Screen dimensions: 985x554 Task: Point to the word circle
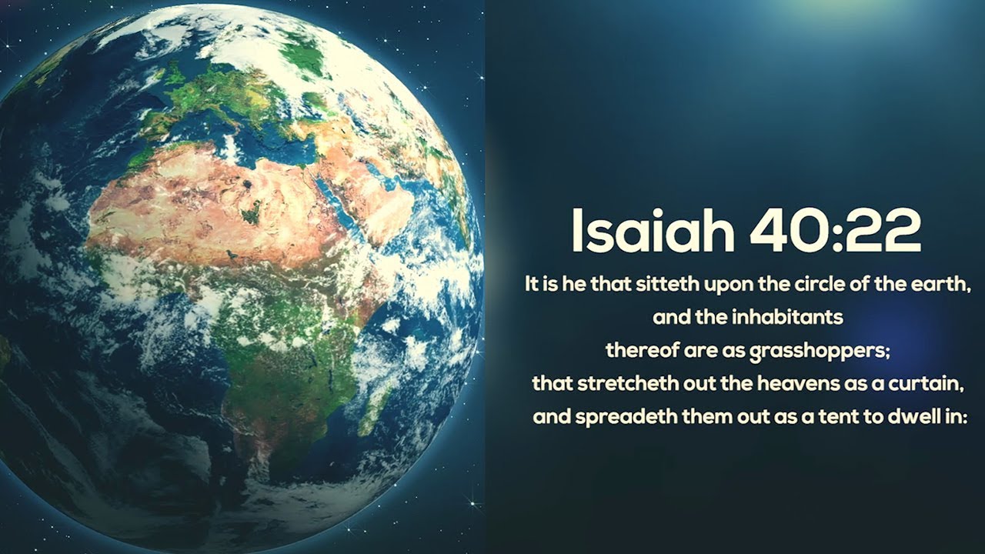click(820, 285)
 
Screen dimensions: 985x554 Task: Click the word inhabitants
click(787, 317)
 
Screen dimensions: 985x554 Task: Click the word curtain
click(926, 384)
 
